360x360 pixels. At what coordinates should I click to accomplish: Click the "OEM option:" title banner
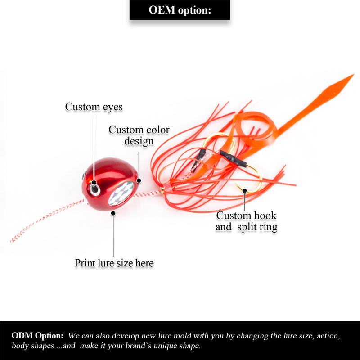point(180,10)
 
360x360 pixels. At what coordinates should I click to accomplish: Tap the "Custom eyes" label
point(94,107)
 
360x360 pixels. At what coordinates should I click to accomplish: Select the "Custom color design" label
point(139,135)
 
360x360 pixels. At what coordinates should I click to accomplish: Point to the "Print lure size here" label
point(114,263)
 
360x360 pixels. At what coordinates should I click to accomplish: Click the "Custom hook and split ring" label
point(246,221)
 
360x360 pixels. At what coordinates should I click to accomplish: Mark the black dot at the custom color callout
point(139,181)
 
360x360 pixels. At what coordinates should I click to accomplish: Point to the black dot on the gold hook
point(245,190)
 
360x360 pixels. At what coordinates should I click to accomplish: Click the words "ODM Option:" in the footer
point(37,336)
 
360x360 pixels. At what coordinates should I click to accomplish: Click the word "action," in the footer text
point(331,336)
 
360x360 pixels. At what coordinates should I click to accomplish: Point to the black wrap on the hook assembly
point(234,160)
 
